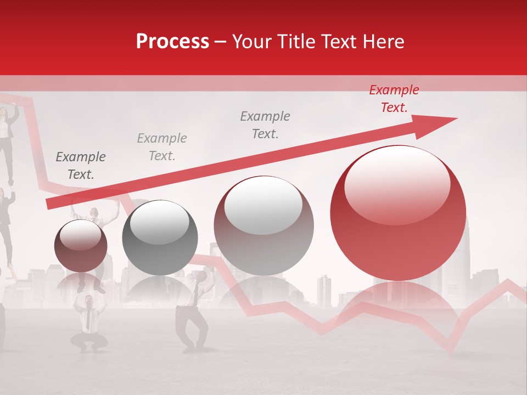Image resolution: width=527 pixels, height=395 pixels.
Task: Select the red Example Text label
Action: (394, 99)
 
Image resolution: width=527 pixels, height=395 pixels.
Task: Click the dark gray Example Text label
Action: (81, 166)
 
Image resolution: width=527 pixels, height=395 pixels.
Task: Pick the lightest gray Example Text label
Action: (162, 147)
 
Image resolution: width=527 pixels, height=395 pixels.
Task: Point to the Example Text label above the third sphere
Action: (265, 125)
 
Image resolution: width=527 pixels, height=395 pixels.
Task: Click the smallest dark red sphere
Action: (81, 246)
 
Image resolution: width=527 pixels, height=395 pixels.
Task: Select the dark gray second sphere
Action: (160, 238)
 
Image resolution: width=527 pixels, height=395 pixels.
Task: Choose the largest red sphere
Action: (398, 213)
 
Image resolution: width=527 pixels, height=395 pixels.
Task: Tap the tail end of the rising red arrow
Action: (49, 204)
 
